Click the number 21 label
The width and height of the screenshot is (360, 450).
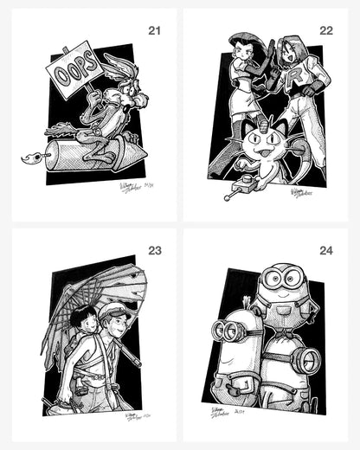coord(155,31)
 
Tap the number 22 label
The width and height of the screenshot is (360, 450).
coord(326,31)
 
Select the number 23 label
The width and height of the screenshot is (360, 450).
coord(155,251)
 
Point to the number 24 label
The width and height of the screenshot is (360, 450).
coord(326,251)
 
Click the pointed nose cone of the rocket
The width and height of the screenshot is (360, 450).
coord(139,152)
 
